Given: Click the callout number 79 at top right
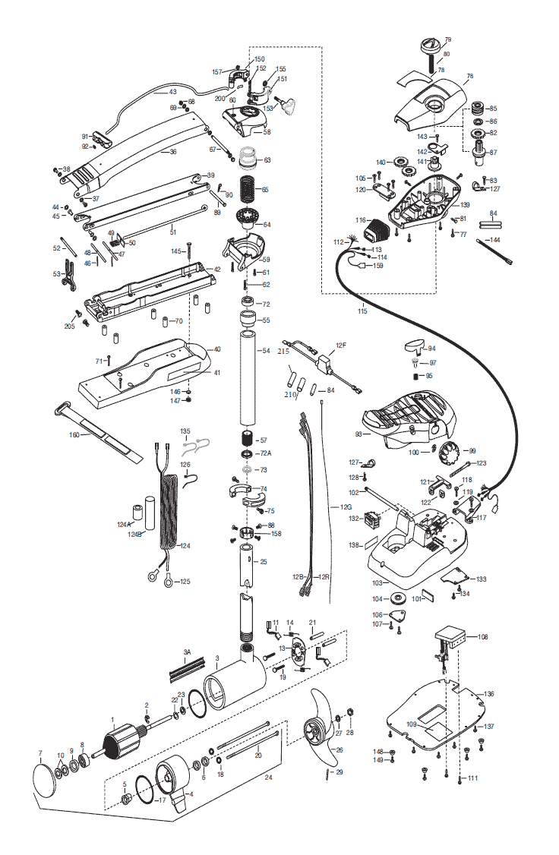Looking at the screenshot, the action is point(448,39).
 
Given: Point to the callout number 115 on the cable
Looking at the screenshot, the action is point(363,311).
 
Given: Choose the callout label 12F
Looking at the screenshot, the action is point(341,345).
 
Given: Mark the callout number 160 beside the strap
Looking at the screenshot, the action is point(74,434).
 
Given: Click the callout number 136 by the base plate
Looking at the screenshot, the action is point(488,694).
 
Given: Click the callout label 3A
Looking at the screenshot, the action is point(187,652).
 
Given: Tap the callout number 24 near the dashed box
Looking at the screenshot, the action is point(268,778).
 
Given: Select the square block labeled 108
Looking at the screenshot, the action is point(450,636).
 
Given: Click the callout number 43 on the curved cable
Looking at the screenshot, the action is point(173,92).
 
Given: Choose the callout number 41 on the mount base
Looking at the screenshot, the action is point(217,373).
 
